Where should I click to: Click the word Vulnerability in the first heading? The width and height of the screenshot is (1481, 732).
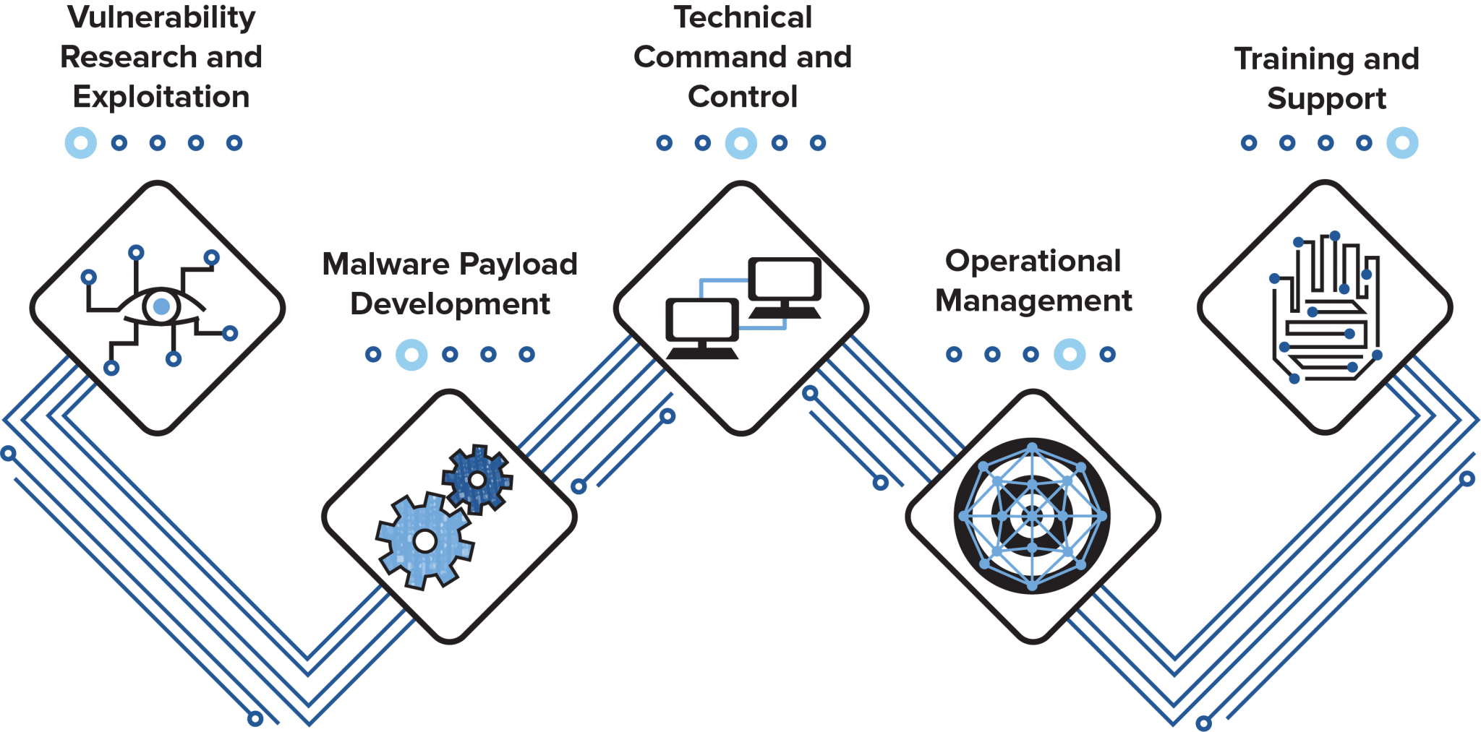[x=161, y=17]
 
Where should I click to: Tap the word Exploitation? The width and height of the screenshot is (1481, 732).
[x=161, y=98]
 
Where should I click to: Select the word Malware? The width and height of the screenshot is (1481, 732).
[x=386, y=264]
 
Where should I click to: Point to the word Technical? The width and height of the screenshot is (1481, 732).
[x=743, y=18]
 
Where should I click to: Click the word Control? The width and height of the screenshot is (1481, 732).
[x=743, y=98]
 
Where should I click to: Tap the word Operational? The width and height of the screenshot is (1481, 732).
[x=1033, y=262]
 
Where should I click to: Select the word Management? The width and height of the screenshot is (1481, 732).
[x=1033, y=301]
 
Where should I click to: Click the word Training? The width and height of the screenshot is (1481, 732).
[x=1294, y=59]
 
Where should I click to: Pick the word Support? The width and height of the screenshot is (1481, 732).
[x=1326, y=99]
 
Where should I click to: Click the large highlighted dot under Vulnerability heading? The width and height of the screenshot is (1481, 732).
[x=81, y=142]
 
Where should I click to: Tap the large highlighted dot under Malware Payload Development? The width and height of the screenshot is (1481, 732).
[x=411, y=354]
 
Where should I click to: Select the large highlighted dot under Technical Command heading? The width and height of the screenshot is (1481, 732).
[x=741, y=142]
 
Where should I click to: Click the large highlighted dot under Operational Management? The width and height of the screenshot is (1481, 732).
[x=1070, y=354]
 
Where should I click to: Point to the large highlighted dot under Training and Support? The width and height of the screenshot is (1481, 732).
[x=1402, y=142]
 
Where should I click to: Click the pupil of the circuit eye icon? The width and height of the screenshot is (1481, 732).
[x=161, y=306]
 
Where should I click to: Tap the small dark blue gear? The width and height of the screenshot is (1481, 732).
[x=477, y=479]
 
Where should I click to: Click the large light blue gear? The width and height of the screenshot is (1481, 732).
[x=424, y=540]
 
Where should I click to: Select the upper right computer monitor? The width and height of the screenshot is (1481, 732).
[x=785, y=280]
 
